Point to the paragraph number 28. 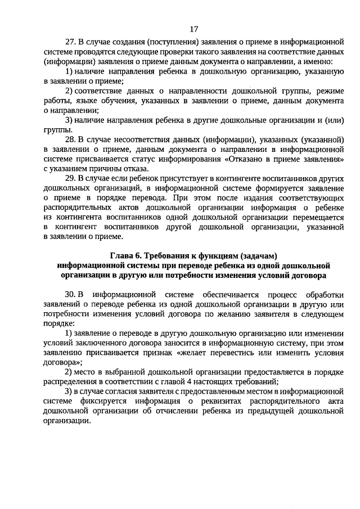(x=70, y=139)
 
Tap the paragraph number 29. (x=70, y=178)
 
